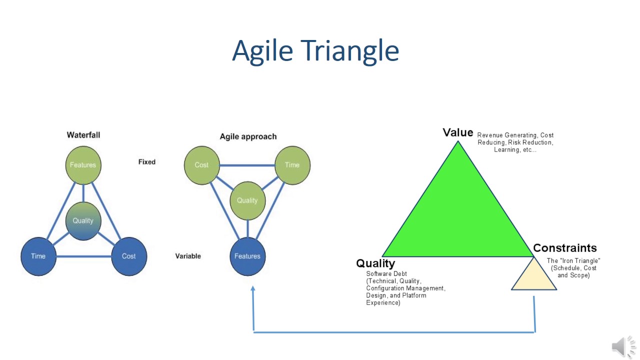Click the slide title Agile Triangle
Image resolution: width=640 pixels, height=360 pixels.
(x=315, y=50)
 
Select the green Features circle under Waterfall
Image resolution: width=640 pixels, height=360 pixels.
(x=83, y=165)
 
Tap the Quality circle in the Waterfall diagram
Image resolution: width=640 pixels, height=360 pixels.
(x=83, y=220)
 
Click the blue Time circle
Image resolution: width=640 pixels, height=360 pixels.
(x=38, y=256)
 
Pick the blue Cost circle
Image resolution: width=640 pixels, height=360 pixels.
(x=129, y=256)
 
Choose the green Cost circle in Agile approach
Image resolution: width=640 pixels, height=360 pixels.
(x=201, y=165)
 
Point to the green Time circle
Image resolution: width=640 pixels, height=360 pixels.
(x=292, y=165)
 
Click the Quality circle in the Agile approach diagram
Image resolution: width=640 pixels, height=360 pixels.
(x=247, y=200)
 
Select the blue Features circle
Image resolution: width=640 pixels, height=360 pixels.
(x=247, y=256)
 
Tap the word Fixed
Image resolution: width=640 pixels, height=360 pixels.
(x=147, y=162)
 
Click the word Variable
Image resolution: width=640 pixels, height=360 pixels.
(x=188, y=256)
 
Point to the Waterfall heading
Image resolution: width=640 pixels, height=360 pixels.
(x=83, y=135)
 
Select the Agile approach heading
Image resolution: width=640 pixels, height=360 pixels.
(x=248, y=136)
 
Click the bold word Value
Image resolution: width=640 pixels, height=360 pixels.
(x=458, y=132)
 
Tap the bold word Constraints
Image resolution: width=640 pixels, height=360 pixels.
(x=565, y=248)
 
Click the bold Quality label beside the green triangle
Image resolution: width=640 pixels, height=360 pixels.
(x=375, y=263)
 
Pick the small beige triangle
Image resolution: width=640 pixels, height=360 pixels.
(x=534, y=278)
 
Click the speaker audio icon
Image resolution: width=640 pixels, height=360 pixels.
(x=622, y=346)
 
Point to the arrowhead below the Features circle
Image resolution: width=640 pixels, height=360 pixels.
(x=253, y=288)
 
